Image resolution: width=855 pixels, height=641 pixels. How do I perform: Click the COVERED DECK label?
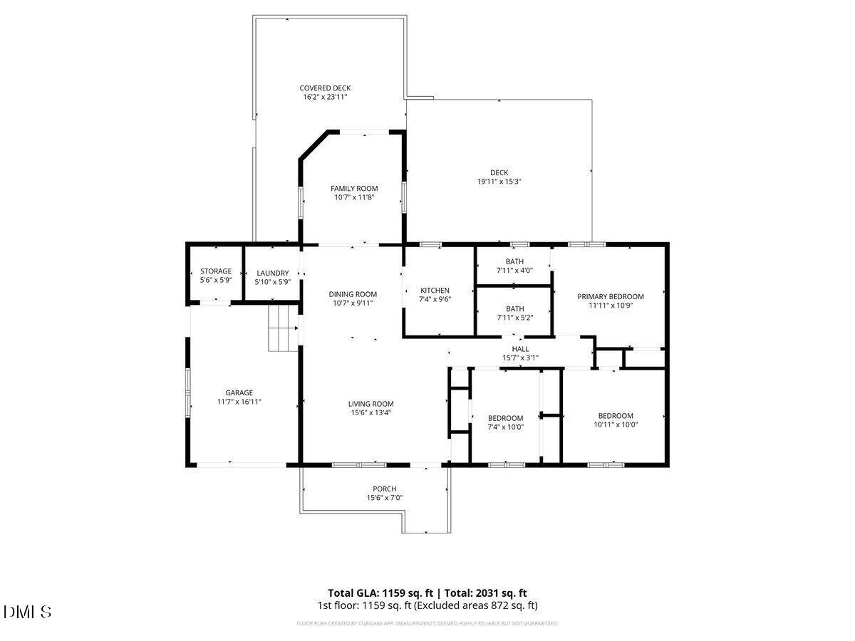(325, 88)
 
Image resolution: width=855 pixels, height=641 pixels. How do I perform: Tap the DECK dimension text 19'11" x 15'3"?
(499, 182)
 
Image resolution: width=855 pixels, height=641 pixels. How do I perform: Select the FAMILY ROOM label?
(354, 189)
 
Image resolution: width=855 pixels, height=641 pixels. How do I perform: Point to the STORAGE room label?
(215, 271)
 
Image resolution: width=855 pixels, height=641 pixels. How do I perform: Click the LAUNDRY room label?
(272, 273)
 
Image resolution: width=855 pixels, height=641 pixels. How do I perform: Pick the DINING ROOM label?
(353, 294)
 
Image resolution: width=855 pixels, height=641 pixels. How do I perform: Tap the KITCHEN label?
(435, 290)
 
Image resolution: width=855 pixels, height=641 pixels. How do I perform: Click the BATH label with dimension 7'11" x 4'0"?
(514, 261)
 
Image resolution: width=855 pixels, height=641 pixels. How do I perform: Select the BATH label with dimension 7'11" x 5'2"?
(514, 308)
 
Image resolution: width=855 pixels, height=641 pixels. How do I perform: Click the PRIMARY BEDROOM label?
(611, 296)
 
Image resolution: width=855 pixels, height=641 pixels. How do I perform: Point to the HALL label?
(520, 349)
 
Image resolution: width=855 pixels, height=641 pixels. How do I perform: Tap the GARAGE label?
(239, 392)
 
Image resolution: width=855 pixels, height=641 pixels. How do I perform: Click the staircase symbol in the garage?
(283, 328)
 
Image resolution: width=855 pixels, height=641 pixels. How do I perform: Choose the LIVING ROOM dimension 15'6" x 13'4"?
(370, 412)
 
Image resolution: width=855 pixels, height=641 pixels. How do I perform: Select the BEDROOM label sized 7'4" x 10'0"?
(505, 418)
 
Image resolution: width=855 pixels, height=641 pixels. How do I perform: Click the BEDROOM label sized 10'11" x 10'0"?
(615, 416)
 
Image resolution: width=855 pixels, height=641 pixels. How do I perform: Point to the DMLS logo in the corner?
(27, 612)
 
